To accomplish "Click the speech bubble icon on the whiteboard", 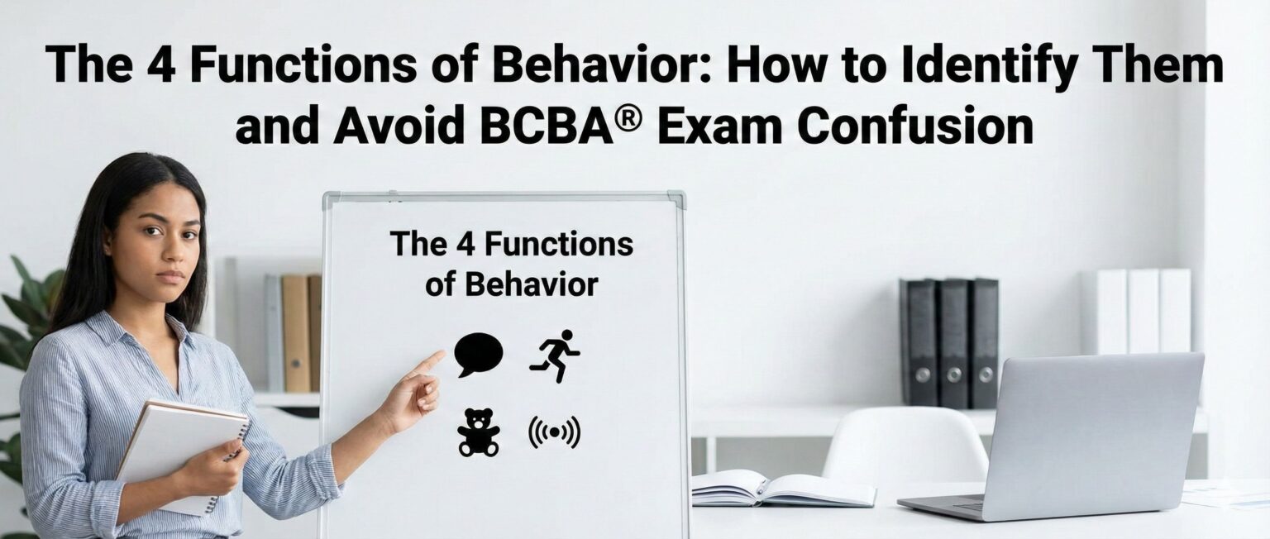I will [478, 353].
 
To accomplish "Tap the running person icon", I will [555, 355].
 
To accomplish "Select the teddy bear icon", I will [478, 432].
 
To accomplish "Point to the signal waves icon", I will [554, 432].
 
